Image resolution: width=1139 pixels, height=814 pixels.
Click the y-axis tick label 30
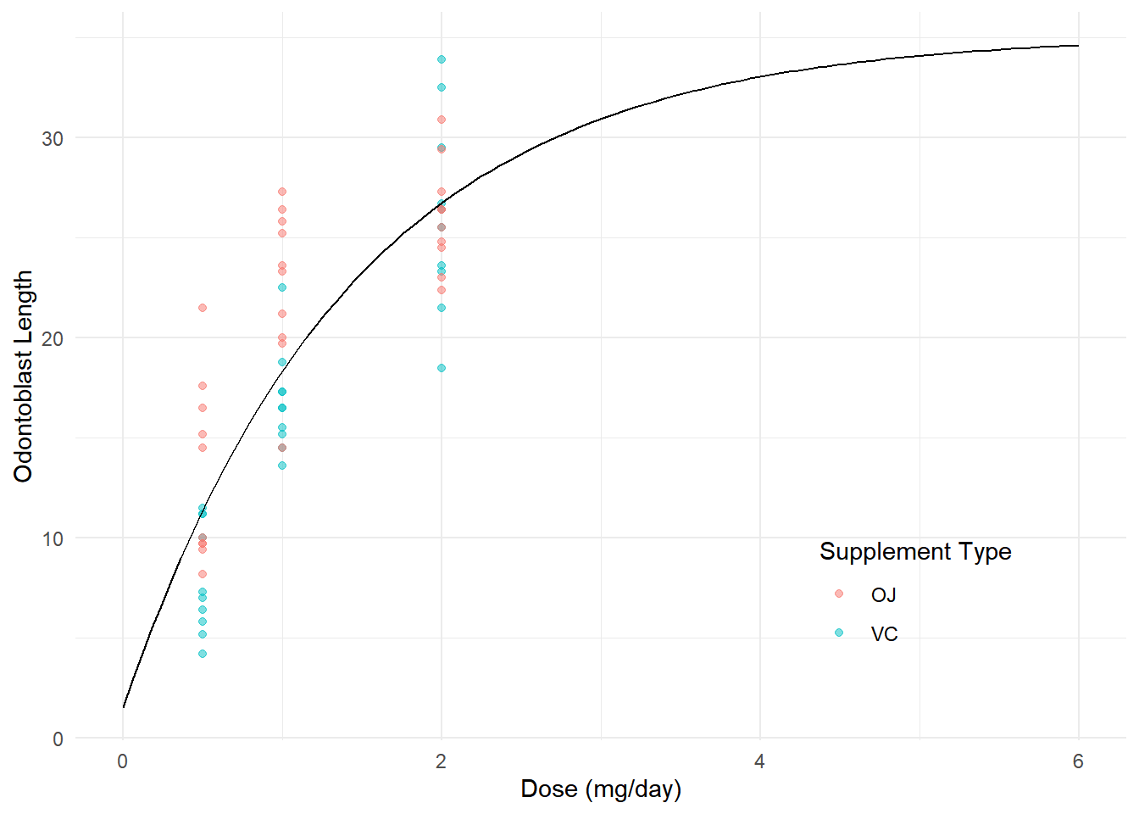(x=53, y=138)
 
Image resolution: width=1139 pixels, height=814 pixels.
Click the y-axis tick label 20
(x=53, y=338)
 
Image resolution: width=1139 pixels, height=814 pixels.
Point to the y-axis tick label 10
(x=53, y=538)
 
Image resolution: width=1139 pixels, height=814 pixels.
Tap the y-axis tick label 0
(x=58, y=739)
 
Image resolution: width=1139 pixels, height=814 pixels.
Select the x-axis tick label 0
(x=123, y=761)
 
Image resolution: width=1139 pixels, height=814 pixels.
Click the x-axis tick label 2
(x=442, y=761)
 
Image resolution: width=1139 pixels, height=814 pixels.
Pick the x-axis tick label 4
(x=760, y=761)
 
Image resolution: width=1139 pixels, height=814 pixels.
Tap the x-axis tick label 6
(x=1078, y=761)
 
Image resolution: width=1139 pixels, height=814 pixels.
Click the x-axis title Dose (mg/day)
(x=601, y=789)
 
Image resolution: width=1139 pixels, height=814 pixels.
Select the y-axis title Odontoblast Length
(x=23, y=376)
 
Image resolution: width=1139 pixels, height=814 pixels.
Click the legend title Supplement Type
(x=915, y=552)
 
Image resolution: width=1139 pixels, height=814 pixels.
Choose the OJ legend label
(x=883, y=595)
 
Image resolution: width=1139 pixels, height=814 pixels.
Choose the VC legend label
(x=884, y=634)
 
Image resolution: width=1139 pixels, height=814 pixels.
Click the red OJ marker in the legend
(x=839, y=594)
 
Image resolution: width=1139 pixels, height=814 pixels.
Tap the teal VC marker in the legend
(x=839, y=633)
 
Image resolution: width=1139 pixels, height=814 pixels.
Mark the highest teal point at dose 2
(x=442, y=59)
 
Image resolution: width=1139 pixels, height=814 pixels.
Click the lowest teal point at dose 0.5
(x=203, y=654)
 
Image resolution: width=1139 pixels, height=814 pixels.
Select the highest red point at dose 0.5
(x=203, y=308)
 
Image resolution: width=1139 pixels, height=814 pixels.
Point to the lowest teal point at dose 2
(x=442, y=368)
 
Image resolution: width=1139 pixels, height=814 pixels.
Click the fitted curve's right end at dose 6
(x=1078, y=46)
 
